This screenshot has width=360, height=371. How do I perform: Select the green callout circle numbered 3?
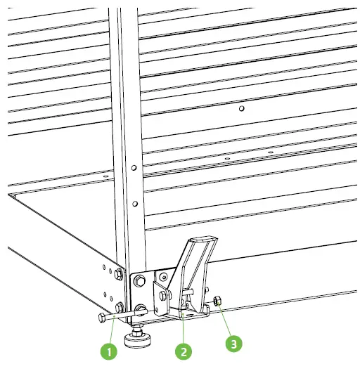click(232, 344)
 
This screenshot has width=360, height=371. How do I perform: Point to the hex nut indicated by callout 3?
click(217, 301)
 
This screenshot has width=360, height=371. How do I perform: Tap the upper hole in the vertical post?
click(133, 167)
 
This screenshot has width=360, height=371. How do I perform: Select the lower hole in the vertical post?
click(133, 204)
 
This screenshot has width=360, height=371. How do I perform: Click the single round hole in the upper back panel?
click(241, 110)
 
